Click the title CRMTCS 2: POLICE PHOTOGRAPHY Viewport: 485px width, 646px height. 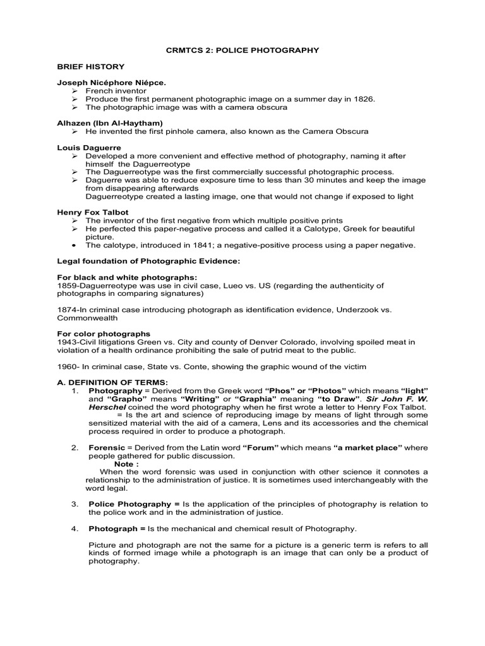(x=242, y=50)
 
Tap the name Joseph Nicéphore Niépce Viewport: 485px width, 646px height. (x=112, y=83)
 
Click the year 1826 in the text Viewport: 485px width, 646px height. (x=363, y=99)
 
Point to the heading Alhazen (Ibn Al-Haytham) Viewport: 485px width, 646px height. (x=110, y=123)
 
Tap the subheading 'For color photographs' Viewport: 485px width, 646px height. (x=104, y=334)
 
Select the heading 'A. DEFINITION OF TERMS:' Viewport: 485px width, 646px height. (x=104, y=383)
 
